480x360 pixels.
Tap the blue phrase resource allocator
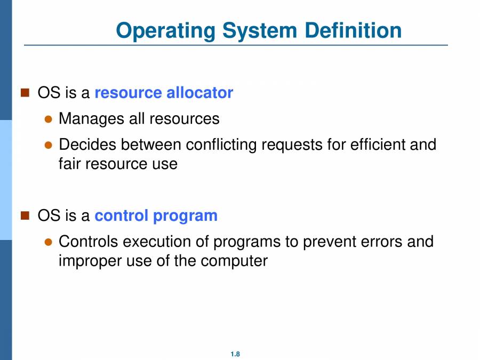coord(164,93)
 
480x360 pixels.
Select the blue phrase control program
coord(156,216)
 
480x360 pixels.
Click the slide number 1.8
coord(235,354)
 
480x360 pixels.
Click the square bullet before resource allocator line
coord(25,93)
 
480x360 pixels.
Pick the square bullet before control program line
coord(25,215)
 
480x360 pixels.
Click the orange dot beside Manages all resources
coord(48,119)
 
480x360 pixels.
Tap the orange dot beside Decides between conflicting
coord(48,145)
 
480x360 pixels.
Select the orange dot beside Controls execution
coord(48,242)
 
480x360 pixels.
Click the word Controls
coord(88,242)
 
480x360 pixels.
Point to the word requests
coord(299,145)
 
